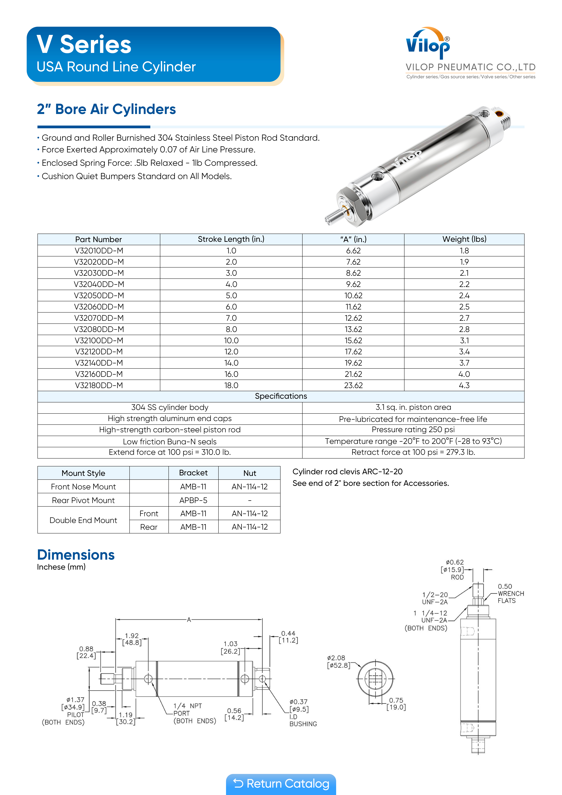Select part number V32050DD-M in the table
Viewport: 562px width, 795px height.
99,295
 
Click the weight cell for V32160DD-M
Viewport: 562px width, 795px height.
464,374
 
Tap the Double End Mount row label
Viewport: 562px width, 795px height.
83,520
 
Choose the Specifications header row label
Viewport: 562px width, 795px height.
281,396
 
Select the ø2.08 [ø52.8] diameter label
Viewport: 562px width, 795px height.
338,661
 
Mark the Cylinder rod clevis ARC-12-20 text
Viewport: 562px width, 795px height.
347,472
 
